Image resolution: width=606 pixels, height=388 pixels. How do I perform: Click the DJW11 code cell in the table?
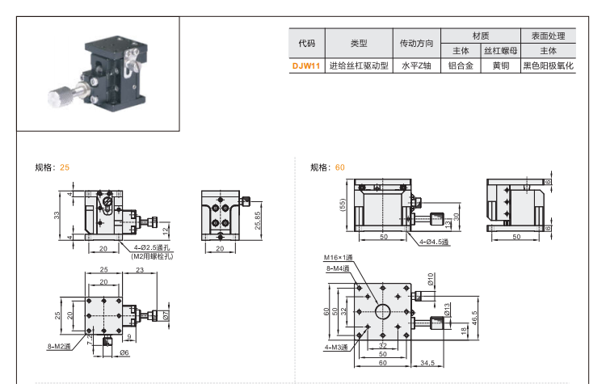(306, 66)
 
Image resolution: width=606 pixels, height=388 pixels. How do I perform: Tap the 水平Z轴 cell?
(416, 66)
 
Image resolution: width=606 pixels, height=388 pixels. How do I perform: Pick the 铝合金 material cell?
(461, 66)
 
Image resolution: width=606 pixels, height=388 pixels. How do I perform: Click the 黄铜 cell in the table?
(500, 66)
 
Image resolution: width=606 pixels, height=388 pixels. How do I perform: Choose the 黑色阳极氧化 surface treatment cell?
(548, 66)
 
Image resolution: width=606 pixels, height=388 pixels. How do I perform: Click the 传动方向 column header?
(416, 43)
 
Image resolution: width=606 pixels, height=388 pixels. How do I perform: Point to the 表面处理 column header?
(548, 36)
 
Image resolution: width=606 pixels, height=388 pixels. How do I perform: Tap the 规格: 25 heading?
(53, 167)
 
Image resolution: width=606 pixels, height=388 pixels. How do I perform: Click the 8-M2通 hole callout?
(58, 346)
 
